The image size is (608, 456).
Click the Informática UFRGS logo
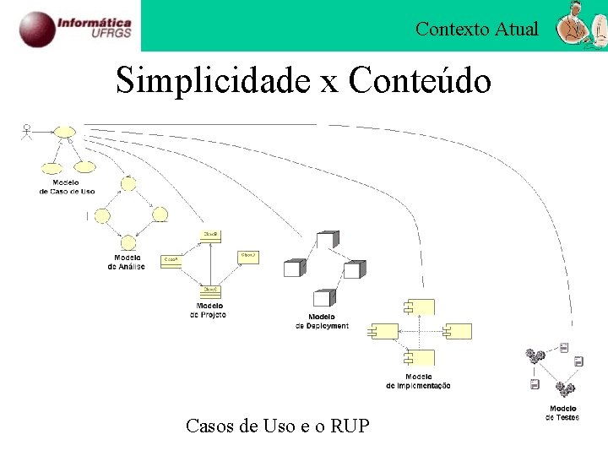coord(76,26)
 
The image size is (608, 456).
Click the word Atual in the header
coord(517,30)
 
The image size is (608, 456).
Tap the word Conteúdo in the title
coord(420,81)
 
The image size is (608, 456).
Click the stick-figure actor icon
coord(27,133)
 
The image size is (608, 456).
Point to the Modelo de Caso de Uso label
coord(67,187)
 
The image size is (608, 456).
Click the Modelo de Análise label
coord(127,262)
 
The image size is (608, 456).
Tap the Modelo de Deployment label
coord(322,322)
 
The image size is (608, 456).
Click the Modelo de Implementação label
coord(418,381)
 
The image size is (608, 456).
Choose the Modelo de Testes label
coord(563,414)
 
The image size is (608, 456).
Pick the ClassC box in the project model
coord(210,290)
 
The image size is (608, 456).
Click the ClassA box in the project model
coord(171,261)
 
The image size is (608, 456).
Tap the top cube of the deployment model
coord(328,239)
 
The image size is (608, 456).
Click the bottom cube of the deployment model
coord(322,298)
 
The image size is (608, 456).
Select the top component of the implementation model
coord(419,307)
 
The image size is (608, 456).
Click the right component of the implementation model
coord(458,331)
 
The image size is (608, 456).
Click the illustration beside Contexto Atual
coord(578,27)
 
